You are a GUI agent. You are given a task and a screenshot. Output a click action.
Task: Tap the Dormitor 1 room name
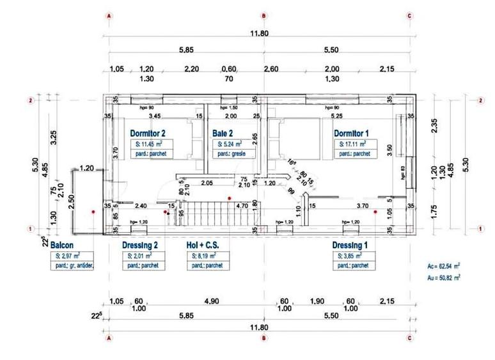(x=351, y=134)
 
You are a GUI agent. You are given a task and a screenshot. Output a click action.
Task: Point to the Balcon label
(x=63, y=245)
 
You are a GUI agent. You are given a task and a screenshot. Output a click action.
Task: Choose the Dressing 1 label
(x=350, y=245)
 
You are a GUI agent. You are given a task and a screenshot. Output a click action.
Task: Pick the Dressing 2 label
(x=139, y=245)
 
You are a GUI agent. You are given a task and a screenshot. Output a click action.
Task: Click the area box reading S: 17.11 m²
(x=356, y=145)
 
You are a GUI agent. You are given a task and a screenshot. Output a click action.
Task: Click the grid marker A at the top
(x=109, y=15)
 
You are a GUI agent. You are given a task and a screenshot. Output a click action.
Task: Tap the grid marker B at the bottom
(x=264, y=339)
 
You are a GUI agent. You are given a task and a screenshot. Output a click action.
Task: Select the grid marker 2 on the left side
(x=30, y=100)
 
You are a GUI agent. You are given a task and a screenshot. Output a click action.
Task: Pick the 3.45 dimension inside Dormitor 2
(x=154, y=117)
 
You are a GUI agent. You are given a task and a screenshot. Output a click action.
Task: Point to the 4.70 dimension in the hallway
(x=242, y=206)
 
